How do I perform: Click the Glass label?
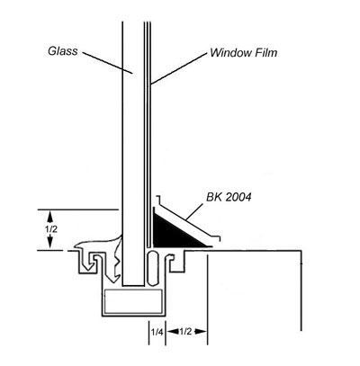(x=63, y=51)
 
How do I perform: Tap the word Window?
(x=230, y=53)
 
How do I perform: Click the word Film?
(x=265, y=53)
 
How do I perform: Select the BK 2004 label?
(x=229, y=197)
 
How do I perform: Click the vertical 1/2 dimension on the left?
(x=50, y=229)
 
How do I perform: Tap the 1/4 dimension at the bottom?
(x=157, y=332)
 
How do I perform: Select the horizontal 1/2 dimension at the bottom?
(x=185, y=332)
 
